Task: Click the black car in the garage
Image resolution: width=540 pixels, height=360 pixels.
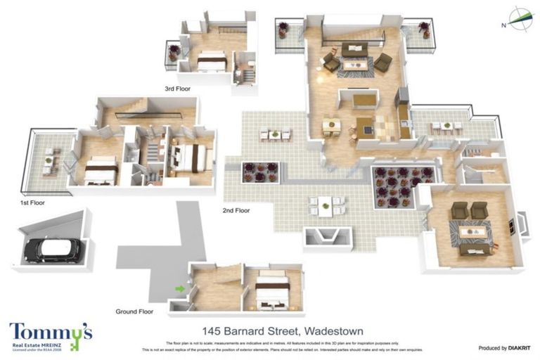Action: click(x=52, y=248)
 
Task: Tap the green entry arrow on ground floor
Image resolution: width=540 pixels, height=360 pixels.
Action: click(x=180, y=288)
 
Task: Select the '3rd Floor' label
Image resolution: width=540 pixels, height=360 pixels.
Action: click(x=179, y=89)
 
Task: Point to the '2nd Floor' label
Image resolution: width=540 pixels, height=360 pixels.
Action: click(x=236, y=210)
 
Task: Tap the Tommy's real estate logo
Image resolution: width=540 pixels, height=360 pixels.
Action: click(x=51, y=337)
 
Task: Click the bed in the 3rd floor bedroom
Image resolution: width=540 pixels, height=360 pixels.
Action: click(x=211, y=63)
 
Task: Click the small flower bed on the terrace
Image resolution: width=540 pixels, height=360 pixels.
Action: click(x=260, y=172)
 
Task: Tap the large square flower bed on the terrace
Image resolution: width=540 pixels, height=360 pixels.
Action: click(x=394, y=186)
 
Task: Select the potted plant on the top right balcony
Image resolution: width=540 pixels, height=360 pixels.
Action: click(x=424, y=30)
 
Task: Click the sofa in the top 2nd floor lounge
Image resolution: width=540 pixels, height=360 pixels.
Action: click(x=354, y=49)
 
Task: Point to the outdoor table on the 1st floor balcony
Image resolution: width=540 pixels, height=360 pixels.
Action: click(x=49, y=160)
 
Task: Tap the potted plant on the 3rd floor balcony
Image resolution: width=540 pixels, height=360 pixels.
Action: click(x=173, y=52)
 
